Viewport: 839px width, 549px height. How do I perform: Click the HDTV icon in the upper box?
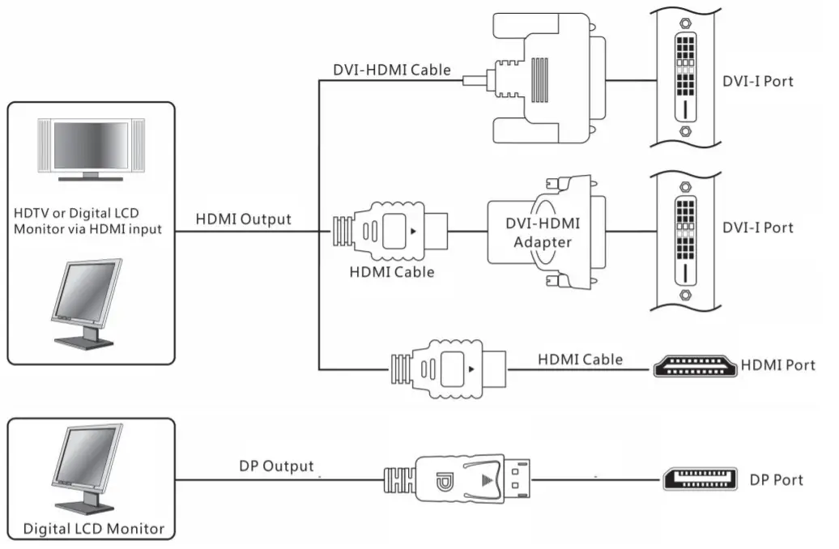90,151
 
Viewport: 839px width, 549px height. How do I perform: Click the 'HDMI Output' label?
243,219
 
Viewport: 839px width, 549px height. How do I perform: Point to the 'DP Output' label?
276,466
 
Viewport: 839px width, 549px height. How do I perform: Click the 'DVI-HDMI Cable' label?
392,70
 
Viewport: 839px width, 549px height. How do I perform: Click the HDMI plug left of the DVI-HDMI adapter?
391,231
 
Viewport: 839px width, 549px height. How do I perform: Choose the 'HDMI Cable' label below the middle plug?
392,272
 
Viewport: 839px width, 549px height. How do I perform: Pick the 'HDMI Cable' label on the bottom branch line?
580,359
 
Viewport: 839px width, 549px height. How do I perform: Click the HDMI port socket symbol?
695,367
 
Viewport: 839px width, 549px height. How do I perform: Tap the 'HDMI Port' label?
778,366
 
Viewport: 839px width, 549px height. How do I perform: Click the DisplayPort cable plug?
458,480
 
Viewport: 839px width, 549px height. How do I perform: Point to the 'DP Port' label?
776,480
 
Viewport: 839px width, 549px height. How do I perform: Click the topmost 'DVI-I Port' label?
758,81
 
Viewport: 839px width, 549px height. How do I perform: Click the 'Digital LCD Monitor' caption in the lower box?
94,530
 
